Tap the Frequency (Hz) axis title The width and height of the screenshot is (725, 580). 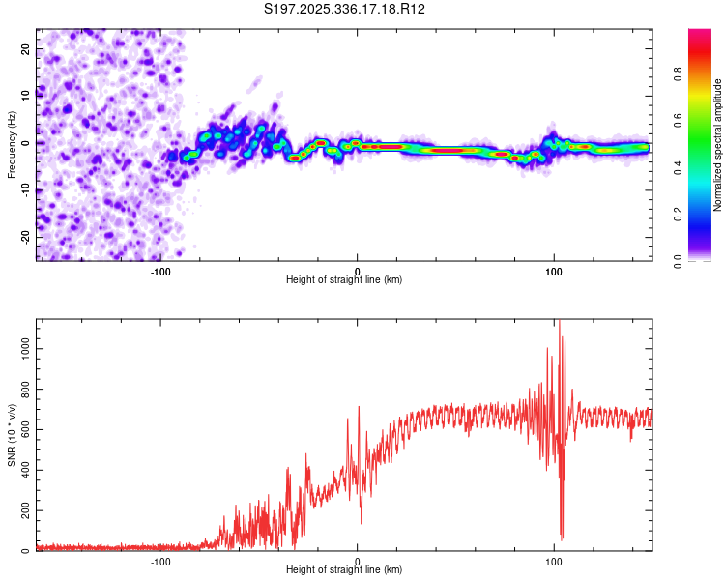[x=12, y=143]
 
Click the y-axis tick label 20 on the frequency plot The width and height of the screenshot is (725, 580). [x=26, y=48]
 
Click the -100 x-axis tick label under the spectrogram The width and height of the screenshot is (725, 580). [x=160, y=272]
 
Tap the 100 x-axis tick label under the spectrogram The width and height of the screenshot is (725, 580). [x=554, y=272]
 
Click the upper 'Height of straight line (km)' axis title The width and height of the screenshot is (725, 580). [x=344, y=280]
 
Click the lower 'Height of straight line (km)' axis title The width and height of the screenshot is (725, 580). [x=344, y=570]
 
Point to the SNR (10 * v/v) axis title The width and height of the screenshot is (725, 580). [x=12, y=435]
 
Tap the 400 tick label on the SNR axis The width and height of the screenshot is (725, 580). [x=22, y=469]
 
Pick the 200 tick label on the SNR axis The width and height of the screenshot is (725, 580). [x=22, y=510]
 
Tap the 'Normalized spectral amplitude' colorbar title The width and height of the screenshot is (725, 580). [x=719, y=145]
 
